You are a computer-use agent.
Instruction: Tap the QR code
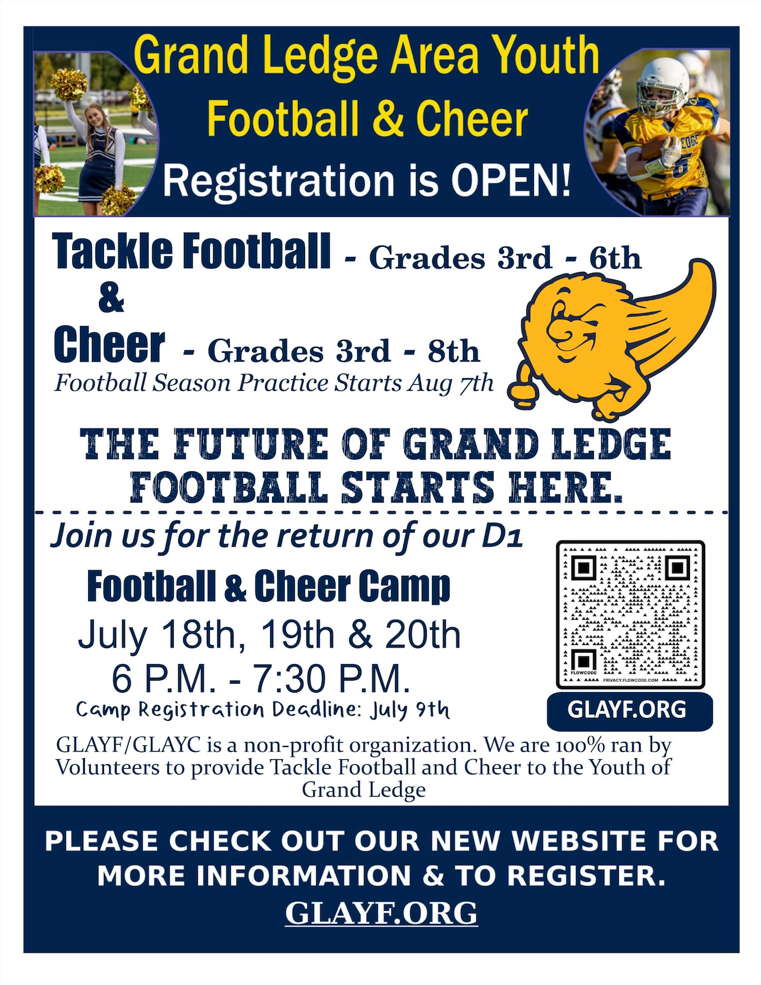click(630, 615)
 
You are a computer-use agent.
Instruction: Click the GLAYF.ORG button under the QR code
click(630, 710)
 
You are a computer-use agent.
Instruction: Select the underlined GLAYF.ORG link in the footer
click(381, 913)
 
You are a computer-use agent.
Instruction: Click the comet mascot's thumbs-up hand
click(522, 387)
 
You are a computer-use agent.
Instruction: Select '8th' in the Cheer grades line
click(453, 351)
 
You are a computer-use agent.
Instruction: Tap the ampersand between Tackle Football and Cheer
click(111, 299)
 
